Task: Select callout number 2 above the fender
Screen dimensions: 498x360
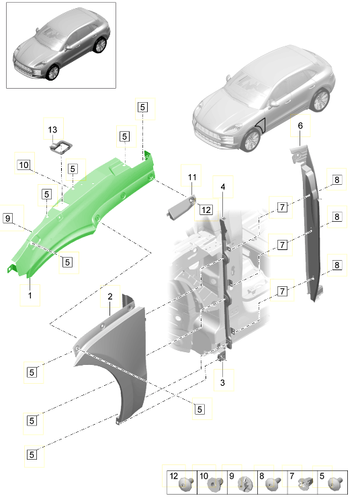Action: (109, 296)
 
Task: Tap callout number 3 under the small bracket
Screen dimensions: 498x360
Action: (223, 382)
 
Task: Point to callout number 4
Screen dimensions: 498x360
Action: (222, 186)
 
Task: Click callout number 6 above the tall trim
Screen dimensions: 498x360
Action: (300, 126)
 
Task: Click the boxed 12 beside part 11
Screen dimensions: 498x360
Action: (206, 210)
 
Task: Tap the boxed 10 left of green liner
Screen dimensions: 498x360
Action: (24, 165)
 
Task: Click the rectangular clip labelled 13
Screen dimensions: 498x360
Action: (62, 145)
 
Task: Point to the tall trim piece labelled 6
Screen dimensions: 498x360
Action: (310, 222)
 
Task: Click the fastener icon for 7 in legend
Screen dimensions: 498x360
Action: (304, 481)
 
